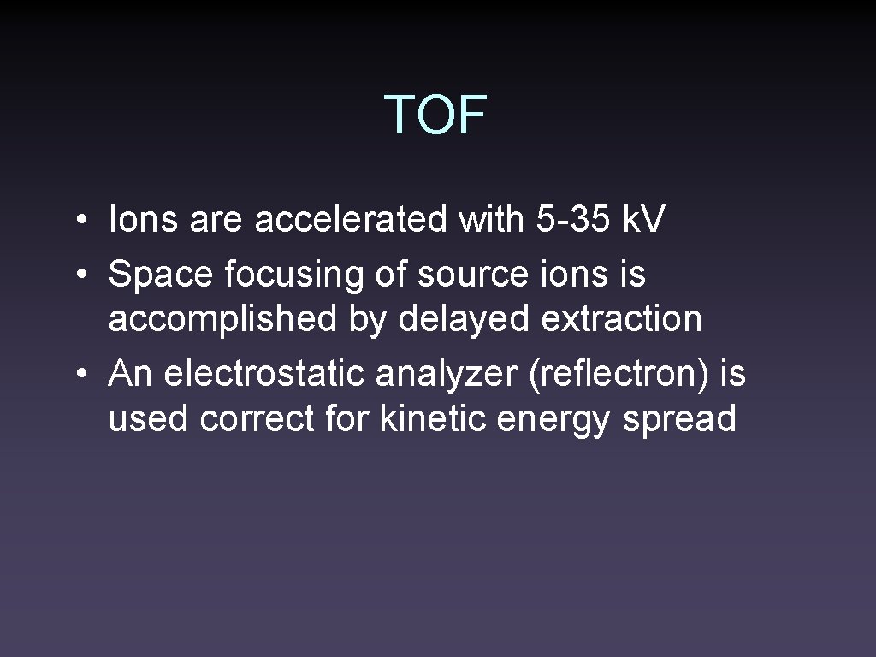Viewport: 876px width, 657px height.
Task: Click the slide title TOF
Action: (435, 115)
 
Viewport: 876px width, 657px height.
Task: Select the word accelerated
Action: (352, 221)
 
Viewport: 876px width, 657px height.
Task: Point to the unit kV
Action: (642, 221)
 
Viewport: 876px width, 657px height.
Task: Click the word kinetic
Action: (429, 419)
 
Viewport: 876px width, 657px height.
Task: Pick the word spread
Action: (679, 419)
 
